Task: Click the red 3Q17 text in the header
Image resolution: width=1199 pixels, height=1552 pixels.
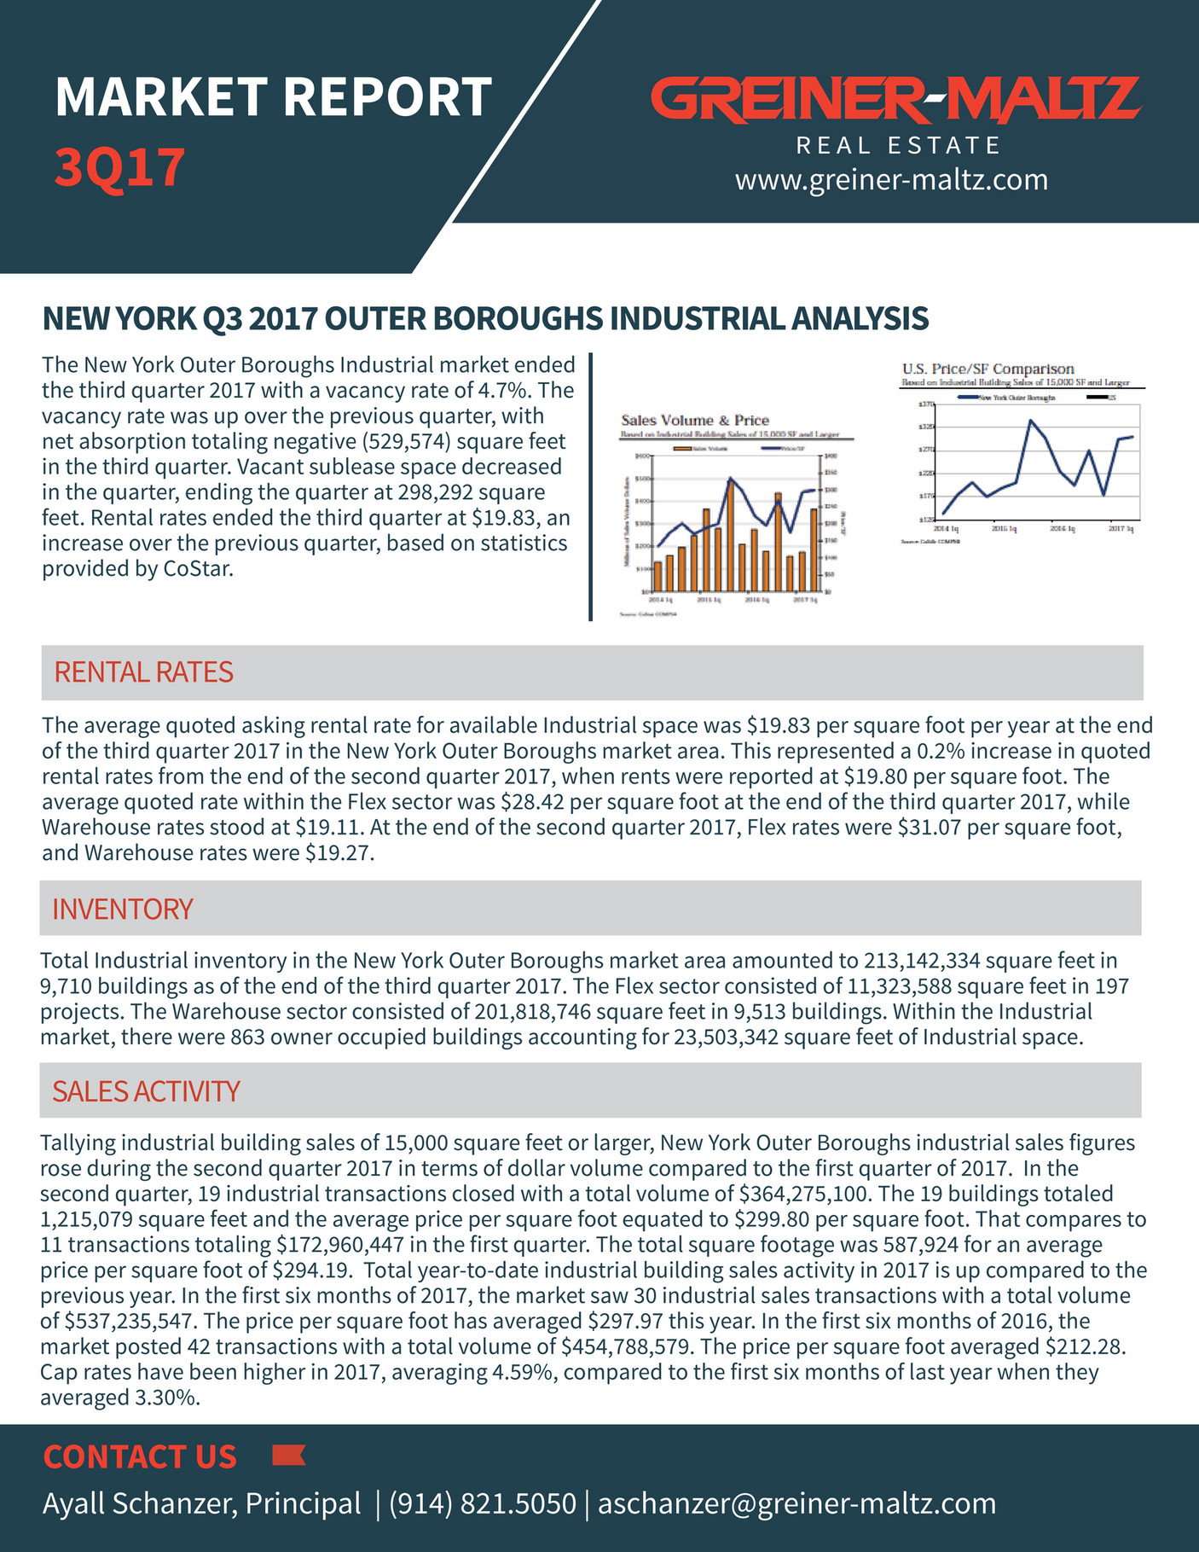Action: click(119, 167)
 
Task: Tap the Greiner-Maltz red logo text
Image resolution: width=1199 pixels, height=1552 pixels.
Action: click(895, 99)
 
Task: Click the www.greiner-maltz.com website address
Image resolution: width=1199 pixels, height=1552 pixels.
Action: click(891, 180)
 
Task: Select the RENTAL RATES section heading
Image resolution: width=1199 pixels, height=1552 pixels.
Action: click(143, 672)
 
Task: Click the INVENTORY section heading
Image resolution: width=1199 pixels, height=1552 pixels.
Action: click(123, 909)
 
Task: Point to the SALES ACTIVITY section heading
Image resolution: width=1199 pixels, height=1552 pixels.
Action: click(146, 1091)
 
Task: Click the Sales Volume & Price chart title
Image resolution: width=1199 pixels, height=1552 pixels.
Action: click(694, 421)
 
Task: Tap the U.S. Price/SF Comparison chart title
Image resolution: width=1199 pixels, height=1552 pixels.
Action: click(988, 369)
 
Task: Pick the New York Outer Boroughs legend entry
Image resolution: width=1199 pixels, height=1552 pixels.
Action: click(1006, 398)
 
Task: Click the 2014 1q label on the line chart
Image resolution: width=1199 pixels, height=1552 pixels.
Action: click(947, 529)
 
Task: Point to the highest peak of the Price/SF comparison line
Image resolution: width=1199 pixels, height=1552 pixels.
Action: click(1031, 421)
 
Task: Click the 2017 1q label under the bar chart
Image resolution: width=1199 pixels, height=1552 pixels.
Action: click(805, 600)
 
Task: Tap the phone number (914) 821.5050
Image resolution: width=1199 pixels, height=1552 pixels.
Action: click(482, 1503)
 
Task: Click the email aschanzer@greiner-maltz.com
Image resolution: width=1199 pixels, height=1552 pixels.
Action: click(796, 1503)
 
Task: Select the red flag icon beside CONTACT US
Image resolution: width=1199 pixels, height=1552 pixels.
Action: click(288, 1456)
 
